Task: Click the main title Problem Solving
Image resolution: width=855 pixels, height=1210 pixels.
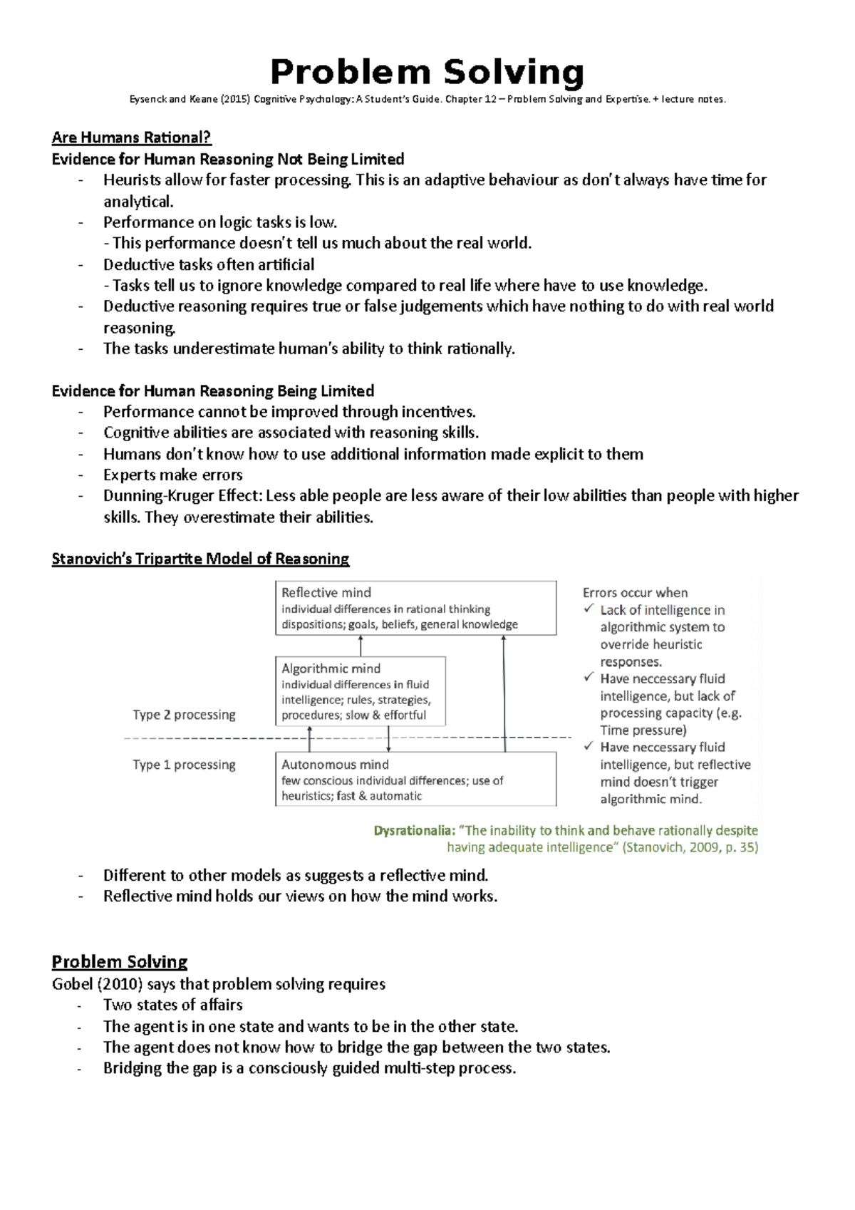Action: tap(427, 72)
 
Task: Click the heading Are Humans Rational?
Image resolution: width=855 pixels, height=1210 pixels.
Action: tap(132, 138)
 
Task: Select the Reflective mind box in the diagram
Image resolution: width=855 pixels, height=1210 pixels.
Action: tap(415, 608)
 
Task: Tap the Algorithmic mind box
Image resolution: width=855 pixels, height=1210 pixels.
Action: tap(361, 691)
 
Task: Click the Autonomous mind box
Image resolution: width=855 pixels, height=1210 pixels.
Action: tap(415, 780)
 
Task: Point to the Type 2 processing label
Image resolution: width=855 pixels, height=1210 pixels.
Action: tap(184, 715)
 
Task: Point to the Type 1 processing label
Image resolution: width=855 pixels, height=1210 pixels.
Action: tap(184, 765)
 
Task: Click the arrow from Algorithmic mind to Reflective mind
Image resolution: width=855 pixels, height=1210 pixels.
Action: tap(361, 646)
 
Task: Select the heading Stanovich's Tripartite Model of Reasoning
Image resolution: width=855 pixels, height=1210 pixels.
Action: tap(200, 559)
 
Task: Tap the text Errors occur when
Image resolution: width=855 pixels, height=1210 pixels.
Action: tap(635, 593)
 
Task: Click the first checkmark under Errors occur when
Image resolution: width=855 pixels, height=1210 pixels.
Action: tap(589, 609)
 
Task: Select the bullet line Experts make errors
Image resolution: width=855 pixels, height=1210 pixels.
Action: tap(172, 475)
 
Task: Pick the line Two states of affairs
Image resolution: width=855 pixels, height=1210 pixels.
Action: tap(172, 1005)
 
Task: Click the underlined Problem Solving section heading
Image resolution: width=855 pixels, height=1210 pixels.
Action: tap(119, 962)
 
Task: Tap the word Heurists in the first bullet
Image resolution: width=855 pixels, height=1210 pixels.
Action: tap(131, 180)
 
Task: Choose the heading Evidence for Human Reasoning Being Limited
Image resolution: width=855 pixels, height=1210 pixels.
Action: tap(212, 391)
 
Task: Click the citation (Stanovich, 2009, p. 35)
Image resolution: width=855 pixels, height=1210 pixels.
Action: tap(690, 847)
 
